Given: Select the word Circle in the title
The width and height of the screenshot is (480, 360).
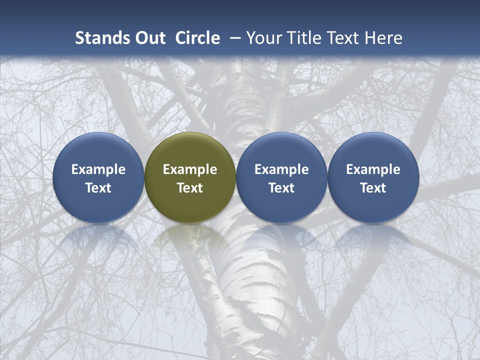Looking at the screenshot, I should point(197,38).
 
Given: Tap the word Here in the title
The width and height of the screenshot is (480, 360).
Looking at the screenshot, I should point(383,38).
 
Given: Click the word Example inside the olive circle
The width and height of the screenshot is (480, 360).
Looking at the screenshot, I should point(190,169).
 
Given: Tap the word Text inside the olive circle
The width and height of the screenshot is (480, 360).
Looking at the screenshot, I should point(190,188).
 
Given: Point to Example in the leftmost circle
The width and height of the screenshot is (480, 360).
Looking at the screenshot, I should point(98,169).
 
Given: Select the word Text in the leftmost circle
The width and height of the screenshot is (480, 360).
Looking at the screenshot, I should point(98,188).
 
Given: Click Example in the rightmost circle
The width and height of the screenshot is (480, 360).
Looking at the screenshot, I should point(373,169).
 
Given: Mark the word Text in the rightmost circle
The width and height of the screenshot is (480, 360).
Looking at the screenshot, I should point(373,188).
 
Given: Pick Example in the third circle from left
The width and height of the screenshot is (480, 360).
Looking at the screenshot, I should point(281,169).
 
